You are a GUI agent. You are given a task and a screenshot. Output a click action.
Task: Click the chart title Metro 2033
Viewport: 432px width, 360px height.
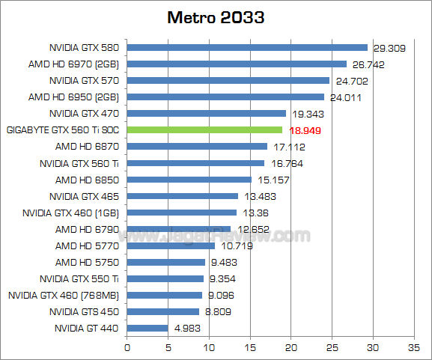pos(216,17)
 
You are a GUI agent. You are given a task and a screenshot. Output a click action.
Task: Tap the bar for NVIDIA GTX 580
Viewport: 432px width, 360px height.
pos(247,47)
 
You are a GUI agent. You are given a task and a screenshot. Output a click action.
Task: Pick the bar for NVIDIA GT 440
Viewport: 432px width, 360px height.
pos(147,327)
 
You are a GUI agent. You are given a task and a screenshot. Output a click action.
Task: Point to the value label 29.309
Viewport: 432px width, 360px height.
pos(388,48)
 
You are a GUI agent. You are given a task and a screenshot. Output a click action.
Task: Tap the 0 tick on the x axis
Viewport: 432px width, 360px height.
pos(127,347)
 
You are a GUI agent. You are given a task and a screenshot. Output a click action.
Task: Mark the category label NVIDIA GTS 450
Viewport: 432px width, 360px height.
pos(85,311)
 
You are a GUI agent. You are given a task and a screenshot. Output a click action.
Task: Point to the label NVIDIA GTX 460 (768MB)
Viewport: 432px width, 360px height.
pos(64,294)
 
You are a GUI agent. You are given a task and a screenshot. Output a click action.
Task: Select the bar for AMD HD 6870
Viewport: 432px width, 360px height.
pos(197,146)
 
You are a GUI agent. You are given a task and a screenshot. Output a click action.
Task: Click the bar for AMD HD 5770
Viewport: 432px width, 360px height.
pos(171,245)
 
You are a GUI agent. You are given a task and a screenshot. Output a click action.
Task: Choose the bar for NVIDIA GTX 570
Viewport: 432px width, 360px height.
pos(228,80)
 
